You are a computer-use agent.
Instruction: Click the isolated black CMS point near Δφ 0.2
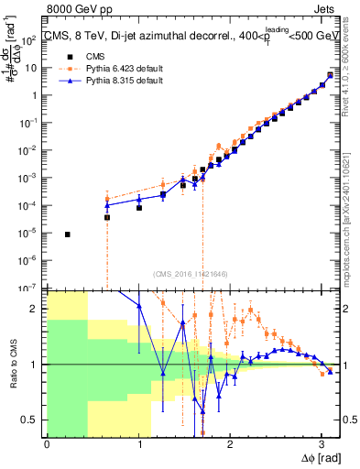(67, 234)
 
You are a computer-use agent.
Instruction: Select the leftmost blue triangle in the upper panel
(107, 205)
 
